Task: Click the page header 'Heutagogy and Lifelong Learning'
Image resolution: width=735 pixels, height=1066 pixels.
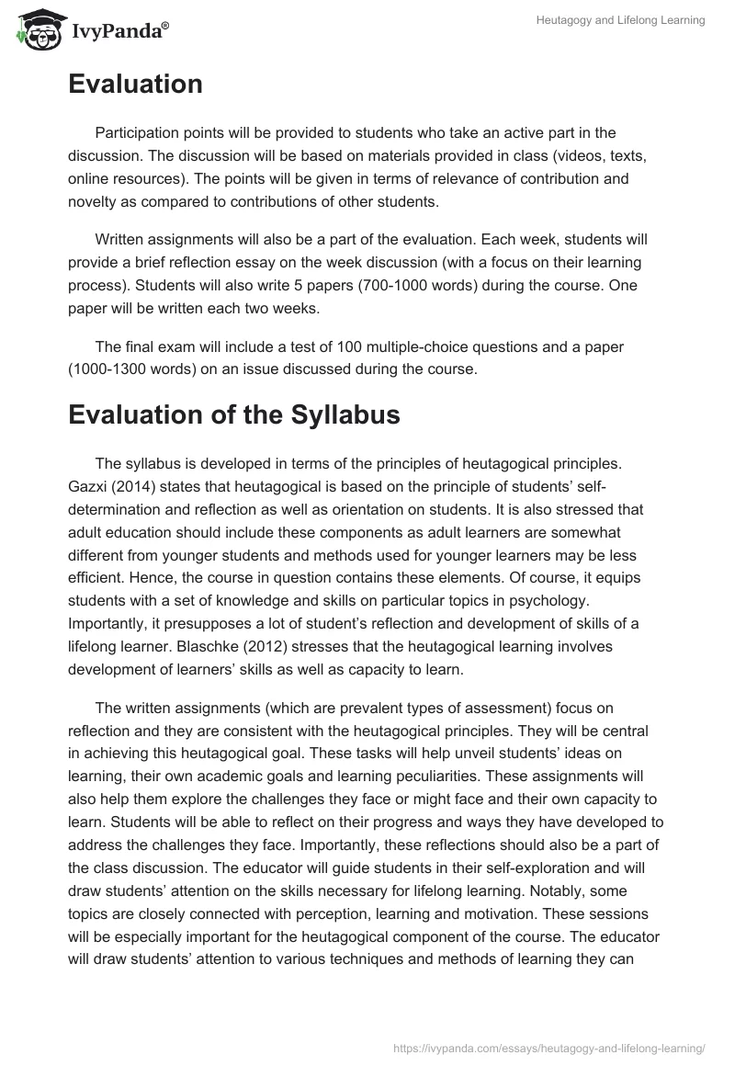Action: pyautogui.click(x=621, y=20)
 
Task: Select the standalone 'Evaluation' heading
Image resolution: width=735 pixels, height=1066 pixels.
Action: pyautogui.click(x=135, y=85)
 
